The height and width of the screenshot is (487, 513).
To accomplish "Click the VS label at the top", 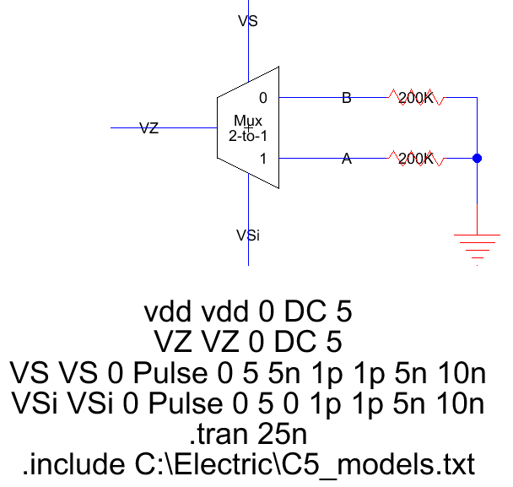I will coord(248,21).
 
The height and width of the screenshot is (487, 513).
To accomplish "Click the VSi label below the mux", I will coord(248,235).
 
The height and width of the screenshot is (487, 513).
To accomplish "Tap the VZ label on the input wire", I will coord(148,128).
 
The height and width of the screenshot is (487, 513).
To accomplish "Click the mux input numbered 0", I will coord(263,98).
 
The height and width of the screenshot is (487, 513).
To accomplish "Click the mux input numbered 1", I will coord(263,158).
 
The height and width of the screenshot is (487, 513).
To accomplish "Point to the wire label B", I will coord(346,98).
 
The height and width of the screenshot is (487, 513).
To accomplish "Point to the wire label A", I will coord(346,158).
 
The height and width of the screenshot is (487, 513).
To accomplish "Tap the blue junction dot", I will coord(477,158).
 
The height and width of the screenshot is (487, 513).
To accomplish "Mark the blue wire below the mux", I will coord(248,203).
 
